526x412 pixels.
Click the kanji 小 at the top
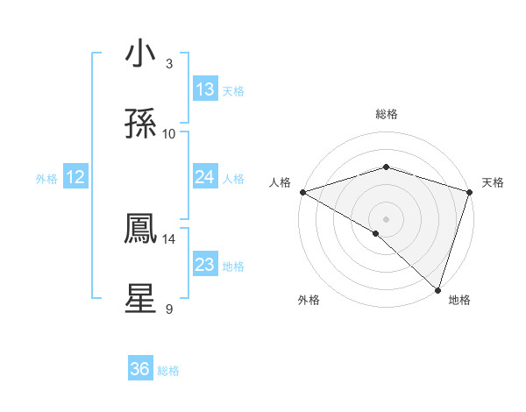141,55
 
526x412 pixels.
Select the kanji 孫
141,124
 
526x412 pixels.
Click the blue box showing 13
205,89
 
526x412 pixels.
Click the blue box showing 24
205,177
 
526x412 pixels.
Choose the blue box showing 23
205,265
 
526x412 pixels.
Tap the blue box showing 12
75,177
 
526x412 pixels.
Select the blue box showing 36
140,369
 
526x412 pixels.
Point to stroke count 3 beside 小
168,64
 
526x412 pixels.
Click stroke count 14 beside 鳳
169,238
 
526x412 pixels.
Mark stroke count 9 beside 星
168,309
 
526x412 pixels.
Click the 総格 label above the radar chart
386,114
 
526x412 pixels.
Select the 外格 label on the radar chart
309,300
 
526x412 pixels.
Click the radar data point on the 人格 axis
302,192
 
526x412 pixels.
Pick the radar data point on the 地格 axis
437,289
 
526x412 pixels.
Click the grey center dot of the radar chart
386,219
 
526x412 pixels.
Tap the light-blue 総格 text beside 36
168,371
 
